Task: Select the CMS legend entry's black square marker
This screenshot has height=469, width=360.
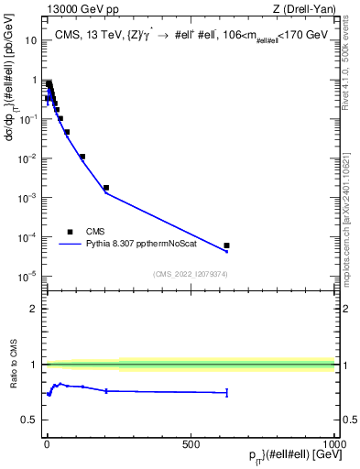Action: (x=70, y=232)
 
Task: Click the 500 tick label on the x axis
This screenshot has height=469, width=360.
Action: (x=191, y=444)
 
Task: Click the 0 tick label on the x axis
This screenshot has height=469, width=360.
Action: (x=47, y=444)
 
